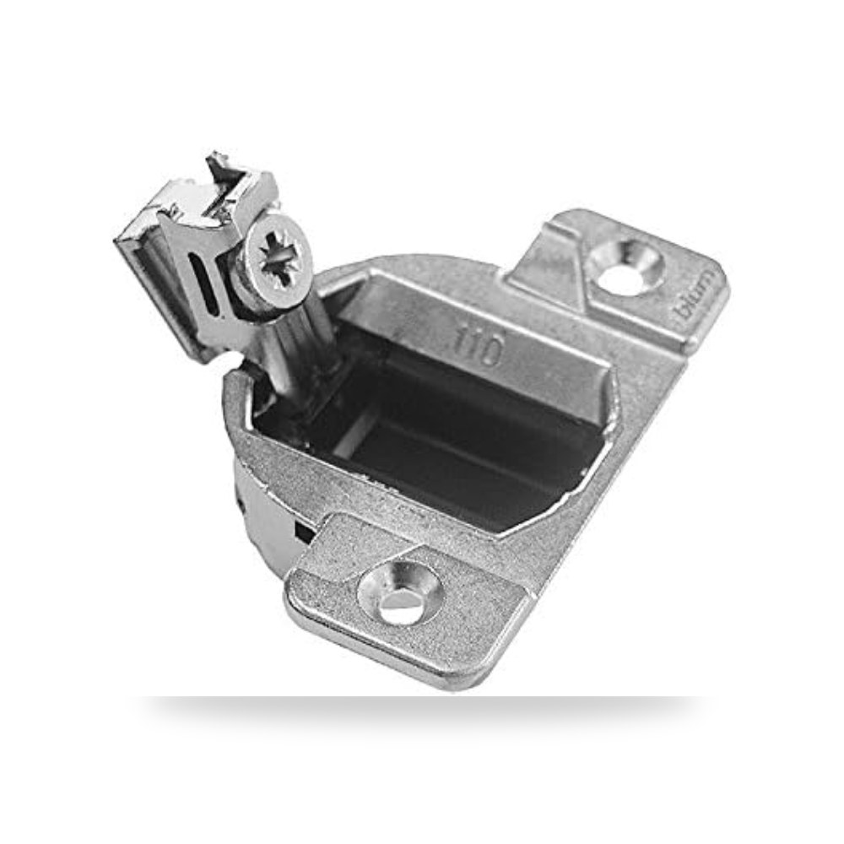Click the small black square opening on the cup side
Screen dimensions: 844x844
[x=305, y=533]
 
